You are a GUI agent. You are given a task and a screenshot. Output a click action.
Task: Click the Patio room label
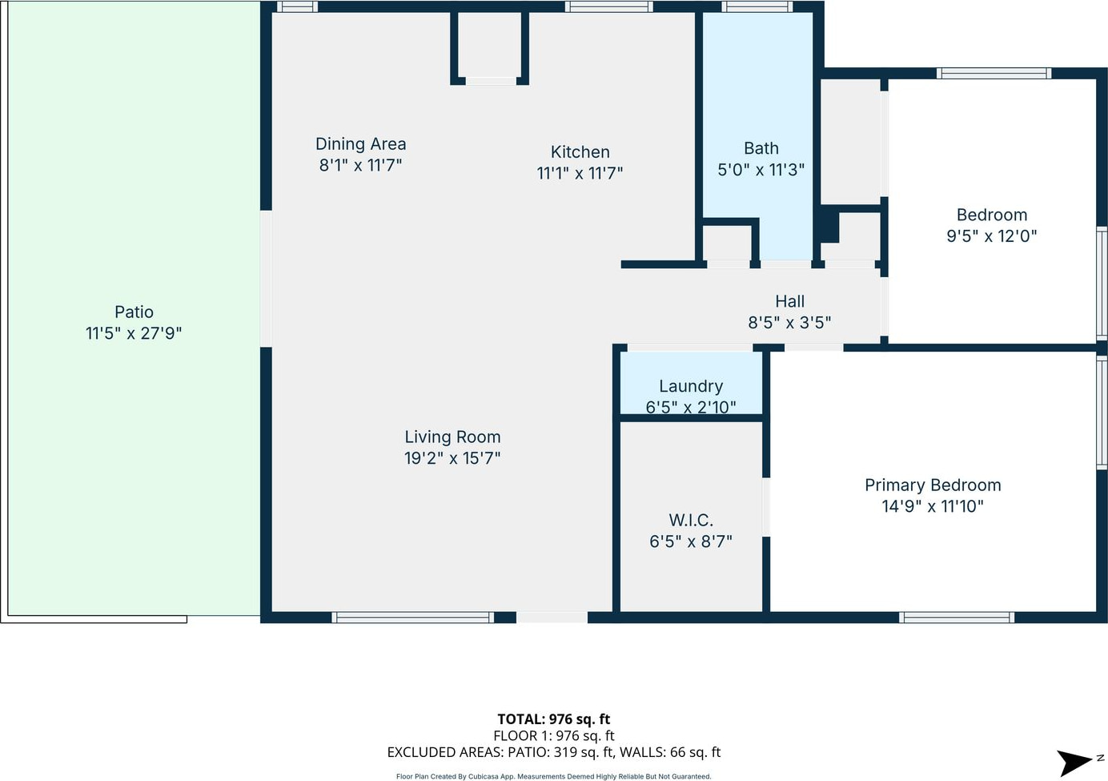(x=134, y=312)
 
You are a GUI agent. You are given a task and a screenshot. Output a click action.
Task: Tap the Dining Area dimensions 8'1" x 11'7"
(x=360, y=165)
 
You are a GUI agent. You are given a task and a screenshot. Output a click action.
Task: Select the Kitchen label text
(x=580, y=152)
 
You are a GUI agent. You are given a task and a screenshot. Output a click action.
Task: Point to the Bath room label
(x=761, y=148)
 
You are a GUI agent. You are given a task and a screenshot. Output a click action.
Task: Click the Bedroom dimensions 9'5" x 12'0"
(x=991, y=236)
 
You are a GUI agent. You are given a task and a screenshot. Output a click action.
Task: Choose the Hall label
(x=789, y=301)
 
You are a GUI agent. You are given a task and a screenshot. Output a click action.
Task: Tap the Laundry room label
(x=691, y=386)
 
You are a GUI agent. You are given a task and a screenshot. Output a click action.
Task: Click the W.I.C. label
(x=691, y=520)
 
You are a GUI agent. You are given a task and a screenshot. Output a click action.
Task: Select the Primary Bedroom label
(x=933, y=485)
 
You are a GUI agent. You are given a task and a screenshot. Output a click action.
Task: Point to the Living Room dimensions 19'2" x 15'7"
(x=452, y=458)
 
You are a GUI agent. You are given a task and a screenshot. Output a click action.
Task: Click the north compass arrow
(x=1074, y=763)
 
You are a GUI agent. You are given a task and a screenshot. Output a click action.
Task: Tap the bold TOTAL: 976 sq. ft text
(x=553, y=719)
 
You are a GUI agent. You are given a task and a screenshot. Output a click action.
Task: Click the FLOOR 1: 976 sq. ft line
(x=553, y=736)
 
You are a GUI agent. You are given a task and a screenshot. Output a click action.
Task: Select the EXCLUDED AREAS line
(x=553, y=752)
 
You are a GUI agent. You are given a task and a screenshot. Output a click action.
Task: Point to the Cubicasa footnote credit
(x=553, y=776)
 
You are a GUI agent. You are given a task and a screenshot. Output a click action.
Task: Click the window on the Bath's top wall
(x=757, y=6)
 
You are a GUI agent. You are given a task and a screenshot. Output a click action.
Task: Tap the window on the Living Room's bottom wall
(x=412, y=617)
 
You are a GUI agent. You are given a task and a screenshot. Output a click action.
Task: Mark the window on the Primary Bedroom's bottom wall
(x=957, y=617)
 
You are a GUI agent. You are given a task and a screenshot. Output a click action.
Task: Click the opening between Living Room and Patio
(x=266, y=279)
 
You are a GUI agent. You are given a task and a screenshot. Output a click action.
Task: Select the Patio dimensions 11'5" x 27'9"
(x=134, y=333)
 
